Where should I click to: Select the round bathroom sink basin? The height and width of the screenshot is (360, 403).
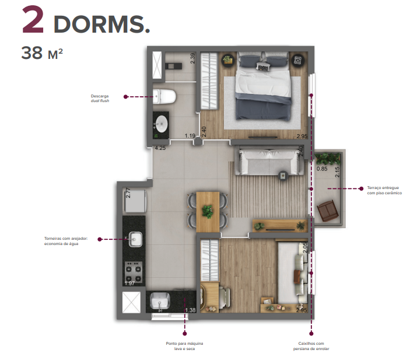tap(161, 124)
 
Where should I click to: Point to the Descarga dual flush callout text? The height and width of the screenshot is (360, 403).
tap(100, 97)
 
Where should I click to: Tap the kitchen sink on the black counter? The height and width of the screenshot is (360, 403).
tap(135, 239)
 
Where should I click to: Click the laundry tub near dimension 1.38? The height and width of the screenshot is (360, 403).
tap(159, 301)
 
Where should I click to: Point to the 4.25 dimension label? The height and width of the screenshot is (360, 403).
tap(160, 148)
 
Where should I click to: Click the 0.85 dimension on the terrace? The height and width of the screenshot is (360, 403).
tap(321, 169)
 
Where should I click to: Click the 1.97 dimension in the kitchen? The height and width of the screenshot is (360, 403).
tap(130, 283)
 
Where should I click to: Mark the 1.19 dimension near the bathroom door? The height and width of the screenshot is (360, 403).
tap(190, 136)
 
